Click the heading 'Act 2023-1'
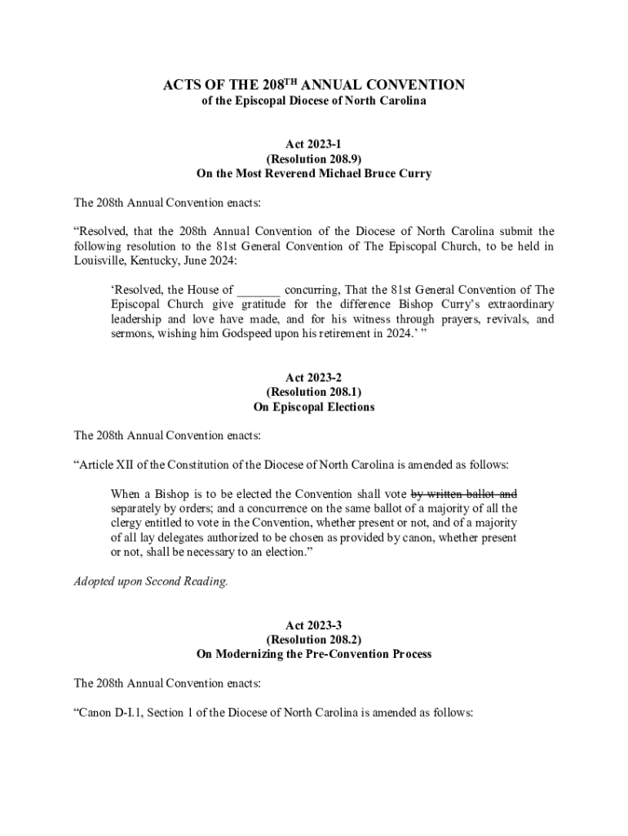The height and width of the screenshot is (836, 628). (314, 145)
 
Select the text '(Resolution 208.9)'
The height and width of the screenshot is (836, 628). (314, 159)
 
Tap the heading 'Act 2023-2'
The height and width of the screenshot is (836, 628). (314, 377)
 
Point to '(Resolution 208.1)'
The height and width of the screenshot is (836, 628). (314, 392)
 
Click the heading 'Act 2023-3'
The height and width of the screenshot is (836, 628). (314, 625)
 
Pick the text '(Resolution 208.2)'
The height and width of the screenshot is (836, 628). (314, 640)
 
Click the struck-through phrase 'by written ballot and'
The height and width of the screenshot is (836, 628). (463, 494)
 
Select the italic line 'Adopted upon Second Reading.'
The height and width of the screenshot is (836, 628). (151, 582)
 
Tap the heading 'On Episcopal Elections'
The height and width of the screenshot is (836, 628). (314, 407)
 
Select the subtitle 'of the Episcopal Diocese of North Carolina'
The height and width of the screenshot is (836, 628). (314, 101)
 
